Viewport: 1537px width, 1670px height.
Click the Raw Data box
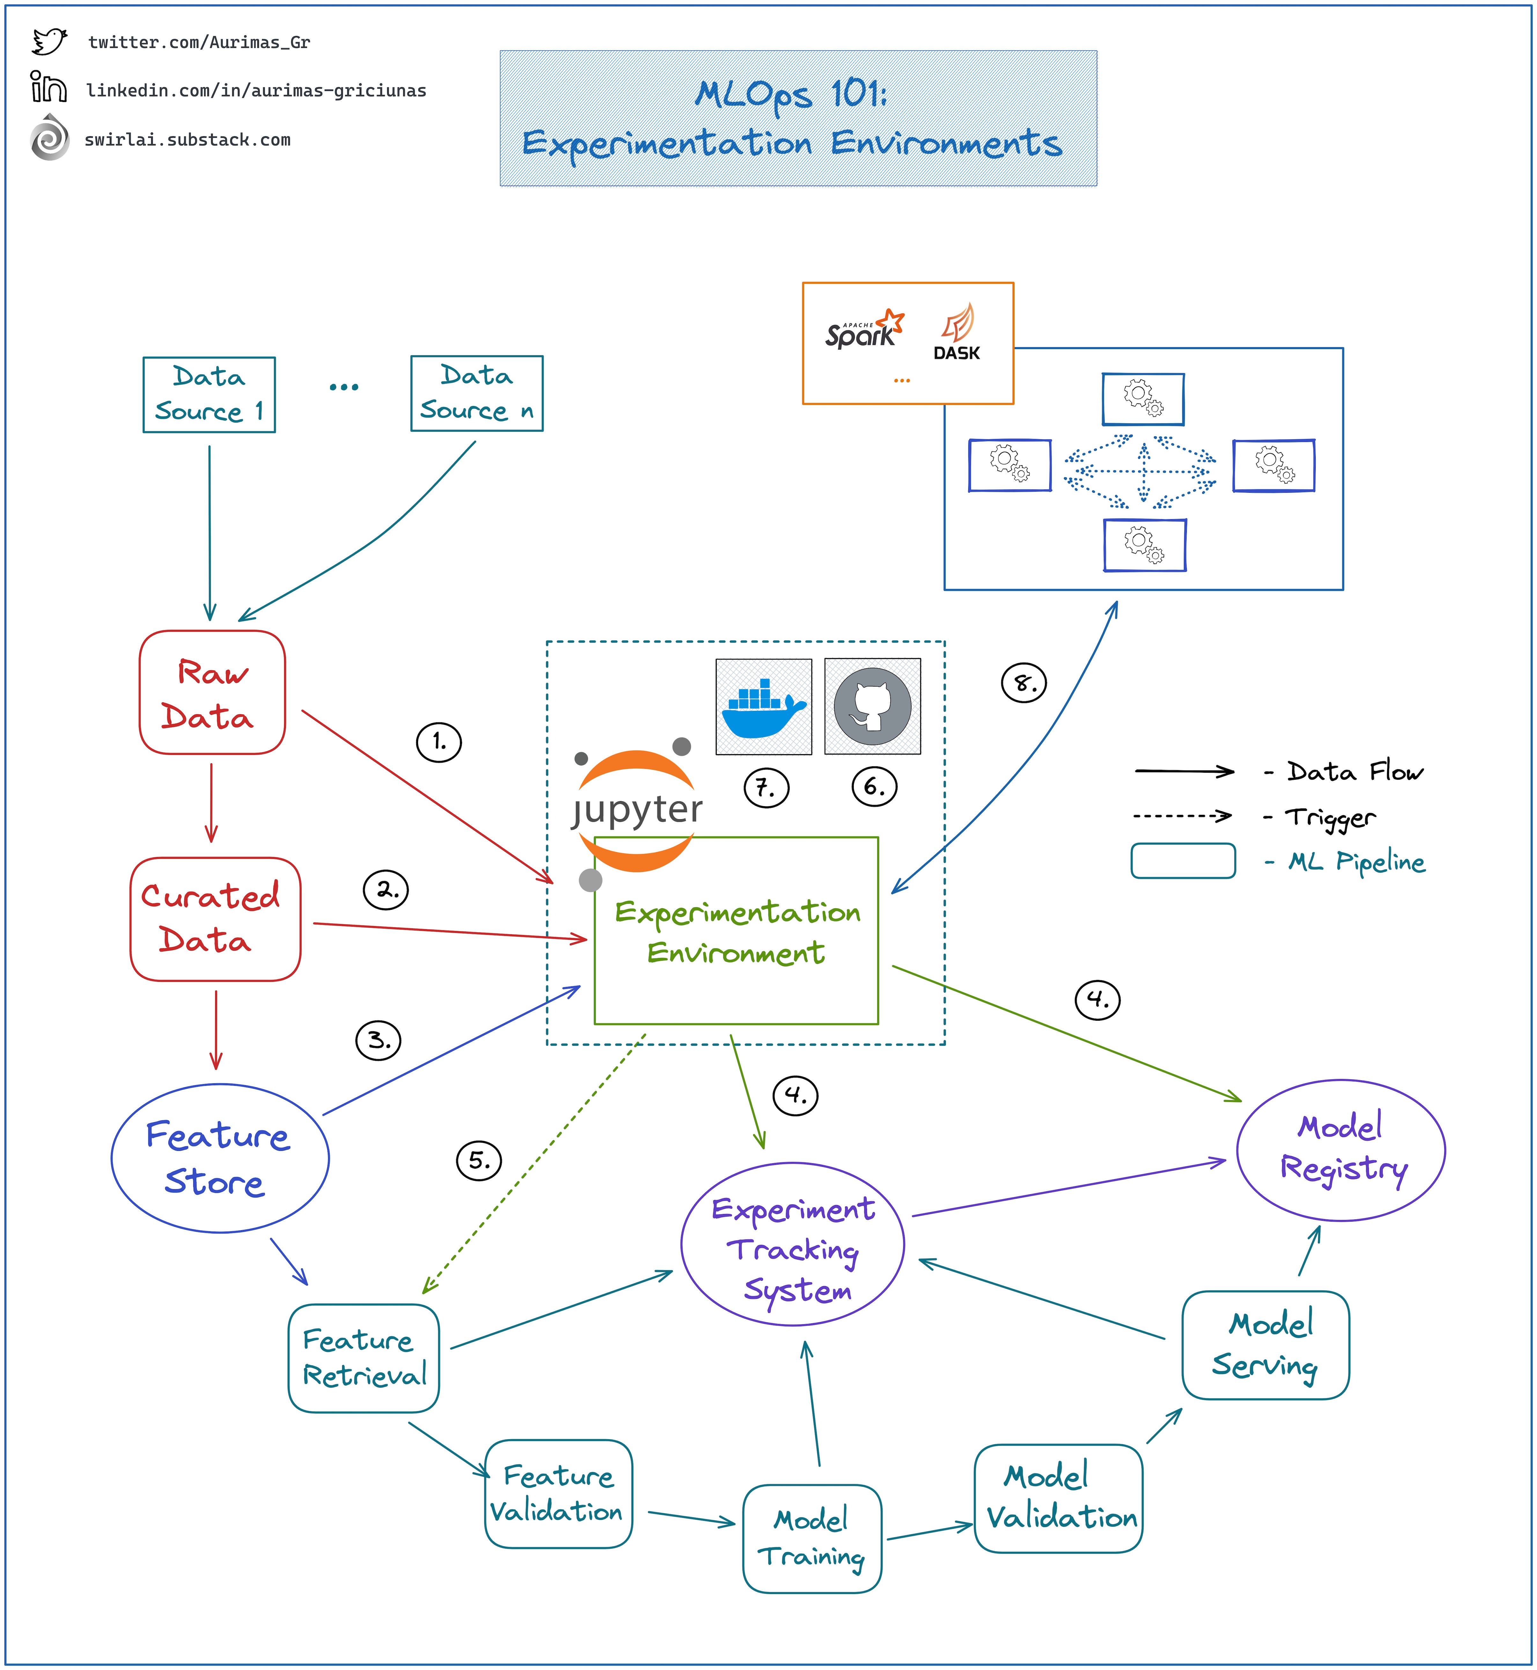tap(212, 693)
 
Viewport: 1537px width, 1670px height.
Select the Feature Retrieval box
tap(364, 1358)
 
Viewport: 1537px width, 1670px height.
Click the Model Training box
tap(812, 1539)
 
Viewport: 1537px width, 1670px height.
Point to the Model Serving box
tap(1265, 1345)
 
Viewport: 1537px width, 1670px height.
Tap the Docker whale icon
tap(764, 707)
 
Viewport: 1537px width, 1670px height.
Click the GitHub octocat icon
tap(872, 707)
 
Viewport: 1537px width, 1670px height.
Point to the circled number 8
tap(1023, 683)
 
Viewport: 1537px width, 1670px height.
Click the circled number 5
tap(479, 1160)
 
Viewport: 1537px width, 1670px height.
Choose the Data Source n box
tap(477, 394)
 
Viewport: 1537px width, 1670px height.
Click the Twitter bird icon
tap(49, 41)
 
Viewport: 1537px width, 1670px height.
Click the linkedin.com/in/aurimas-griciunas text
tap(256, 91)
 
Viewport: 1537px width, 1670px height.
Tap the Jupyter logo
tap(636, 809)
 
